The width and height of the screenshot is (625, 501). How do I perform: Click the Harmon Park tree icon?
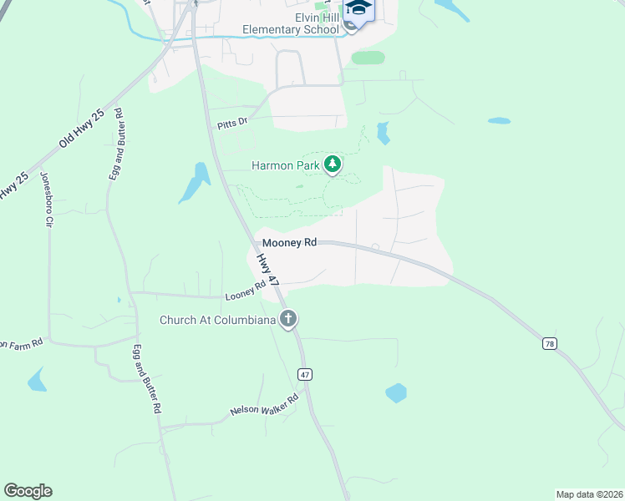pyautogui.click(x=333, y=164)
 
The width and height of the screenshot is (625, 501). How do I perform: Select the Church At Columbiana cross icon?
pyautogui.click(x=289, y=318)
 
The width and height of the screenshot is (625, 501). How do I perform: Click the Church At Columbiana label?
pyautogui.click(x=218, y=319)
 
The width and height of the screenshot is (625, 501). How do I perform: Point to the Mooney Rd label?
pyautogui.click(x=290, y=242)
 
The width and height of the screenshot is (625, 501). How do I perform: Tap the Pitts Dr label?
pyautogui.click(x=232, y=123)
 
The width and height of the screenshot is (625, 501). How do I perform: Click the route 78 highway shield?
pyautogui.click(x=549, y=343)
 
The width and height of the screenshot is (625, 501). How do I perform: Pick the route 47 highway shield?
pyautogui.click(x=305, y=375)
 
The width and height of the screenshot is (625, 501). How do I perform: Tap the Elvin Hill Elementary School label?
pyautogui.click(x=291, y=23)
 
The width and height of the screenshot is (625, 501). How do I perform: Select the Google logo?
pyautogui.click(x=28, y=491)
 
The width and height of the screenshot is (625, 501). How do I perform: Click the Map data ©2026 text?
pyautogui.click(x=589, y=493)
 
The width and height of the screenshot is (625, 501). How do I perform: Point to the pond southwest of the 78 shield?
pyautogui.click(x=396, y=392)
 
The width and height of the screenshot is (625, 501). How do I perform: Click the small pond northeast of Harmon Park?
pyautogui.click(x=383, y=132)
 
